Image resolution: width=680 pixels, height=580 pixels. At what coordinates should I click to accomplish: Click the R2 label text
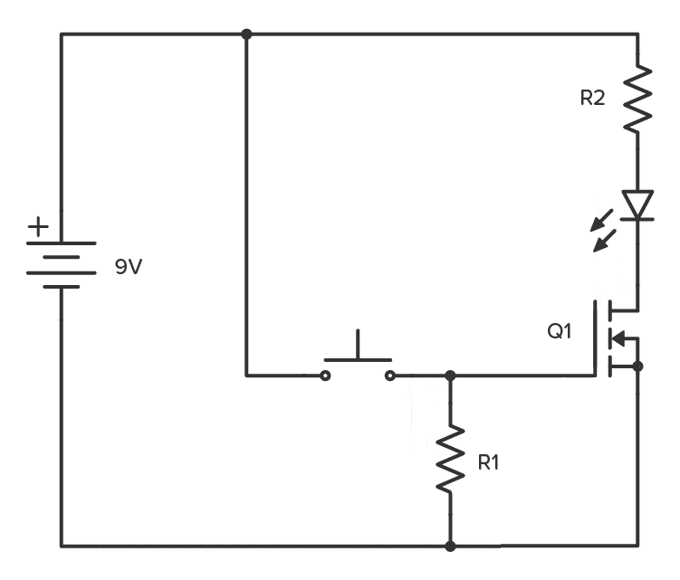[x=592, y=99]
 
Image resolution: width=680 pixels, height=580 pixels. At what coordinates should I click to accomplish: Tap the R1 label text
[x=489, y=461]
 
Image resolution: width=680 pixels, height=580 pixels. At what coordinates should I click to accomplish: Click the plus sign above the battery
[x=38, y=227]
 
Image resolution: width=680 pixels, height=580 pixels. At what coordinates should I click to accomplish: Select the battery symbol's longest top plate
[x=62, y=243]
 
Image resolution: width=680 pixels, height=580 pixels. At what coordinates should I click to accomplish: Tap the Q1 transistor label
[x=560, y=331]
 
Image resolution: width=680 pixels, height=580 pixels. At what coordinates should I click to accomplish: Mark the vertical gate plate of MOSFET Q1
[x=597, y=338]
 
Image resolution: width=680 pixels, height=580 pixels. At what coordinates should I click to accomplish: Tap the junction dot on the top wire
[x=246, y=34]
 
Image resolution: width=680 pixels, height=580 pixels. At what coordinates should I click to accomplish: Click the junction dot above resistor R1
[x=450, y=375]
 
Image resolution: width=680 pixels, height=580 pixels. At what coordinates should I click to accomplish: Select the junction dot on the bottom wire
[x=450, y=547]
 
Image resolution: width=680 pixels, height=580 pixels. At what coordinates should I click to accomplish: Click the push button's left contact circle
[x=325, y=375]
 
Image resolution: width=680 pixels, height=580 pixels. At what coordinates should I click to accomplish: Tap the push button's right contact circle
[x=390, y=375]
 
